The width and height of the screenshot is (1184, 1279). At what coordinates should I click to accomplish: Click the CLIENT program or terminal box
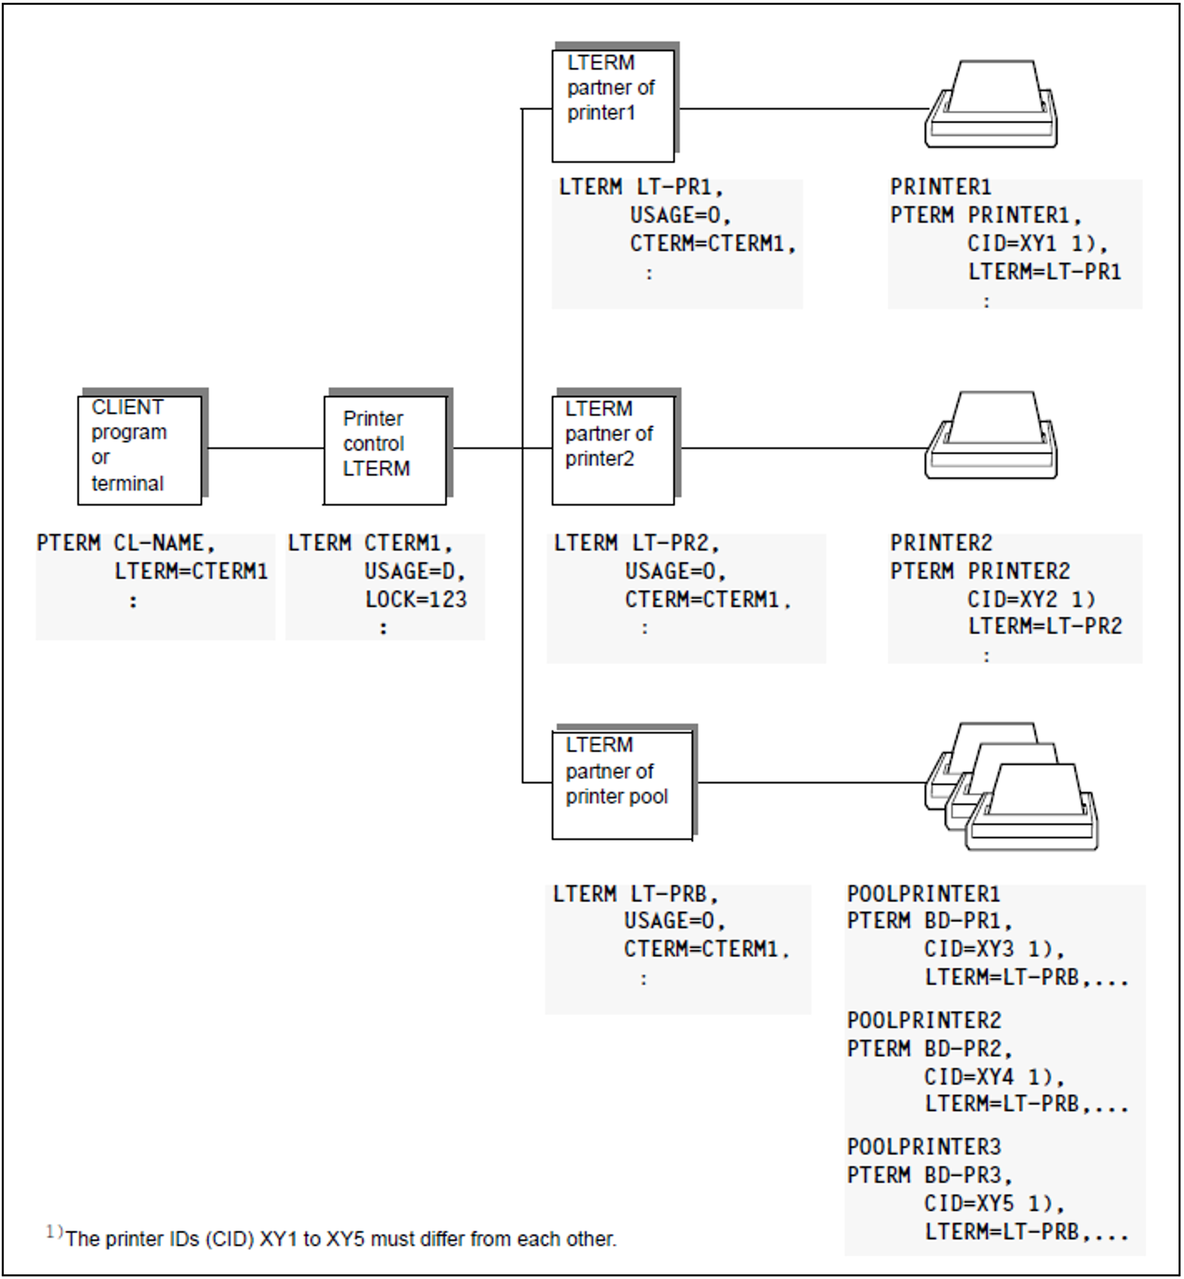pos(140,450)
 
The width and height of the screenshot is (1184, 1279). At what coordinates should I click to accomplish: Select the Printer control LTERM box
pos(386,450)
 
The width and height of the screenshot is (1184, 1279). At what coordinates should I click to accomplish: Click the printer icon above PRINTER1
pos(991,104)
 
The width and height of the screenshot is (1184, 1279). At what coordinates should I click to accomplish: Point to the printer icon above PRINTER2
pos(991,435)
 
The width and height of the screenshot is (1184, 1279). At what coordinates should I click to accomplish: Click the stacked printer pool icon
pos(1011,786)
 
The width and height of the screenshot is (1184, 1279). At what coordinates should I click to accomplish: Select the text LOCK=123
pos(416,600)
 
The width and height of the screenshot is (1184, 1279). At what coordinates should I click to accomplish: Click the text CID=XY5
pos(969,1203)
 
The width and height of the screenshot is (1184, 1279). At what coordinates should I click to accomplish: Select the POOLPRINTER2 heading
pos(924,1020)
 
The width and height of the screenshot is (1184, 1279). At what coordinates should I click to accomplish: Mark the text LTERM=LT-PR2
pos(1045,626)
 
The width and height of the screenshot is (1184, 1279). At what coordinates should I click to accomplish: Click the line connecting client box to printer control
pos(266,448)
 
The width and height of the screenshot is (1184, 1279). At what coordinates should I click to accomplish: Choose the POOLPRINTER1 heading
pos(923,894)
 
